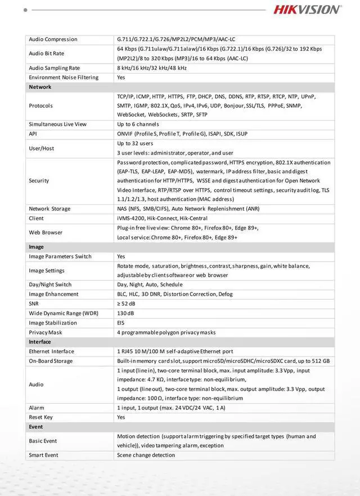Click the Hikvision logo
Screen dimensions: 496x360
click(307, 10)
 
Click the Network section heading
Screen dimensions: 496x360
click(40, 87)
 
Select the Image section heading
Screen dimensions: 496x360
click(37, 247)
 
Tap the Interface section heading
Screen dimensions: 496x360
click(40, 342)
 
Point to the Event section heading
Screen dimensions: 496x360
click(36, 427)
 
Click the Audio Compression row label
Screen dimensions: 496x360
click(53, 39)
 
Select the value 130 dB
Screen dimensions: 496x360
click(125, 313)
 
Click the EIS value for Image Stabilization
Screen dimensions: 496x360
click(121, 323)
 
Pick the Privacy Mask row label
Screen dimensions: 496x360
click(46, 332)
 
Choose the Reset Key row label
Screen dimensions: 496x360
click(41, 417)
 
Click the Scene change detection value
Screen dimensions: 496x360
click(146, 455)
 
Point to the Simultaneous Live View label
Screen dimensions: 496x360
click(57, 124)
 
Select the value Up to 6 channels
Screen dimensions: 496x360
click(138, 124)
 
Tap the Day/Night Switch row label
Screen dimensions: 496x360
click(50, 285)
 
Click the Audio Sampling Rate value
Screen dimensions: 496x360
click(152, 68)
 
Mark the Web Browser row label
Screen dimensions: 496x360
click(46, 232)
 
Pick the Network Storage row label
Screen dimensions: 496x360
click(49, 209)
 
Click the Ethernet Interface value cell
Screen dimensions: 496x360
click(175, 351)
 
